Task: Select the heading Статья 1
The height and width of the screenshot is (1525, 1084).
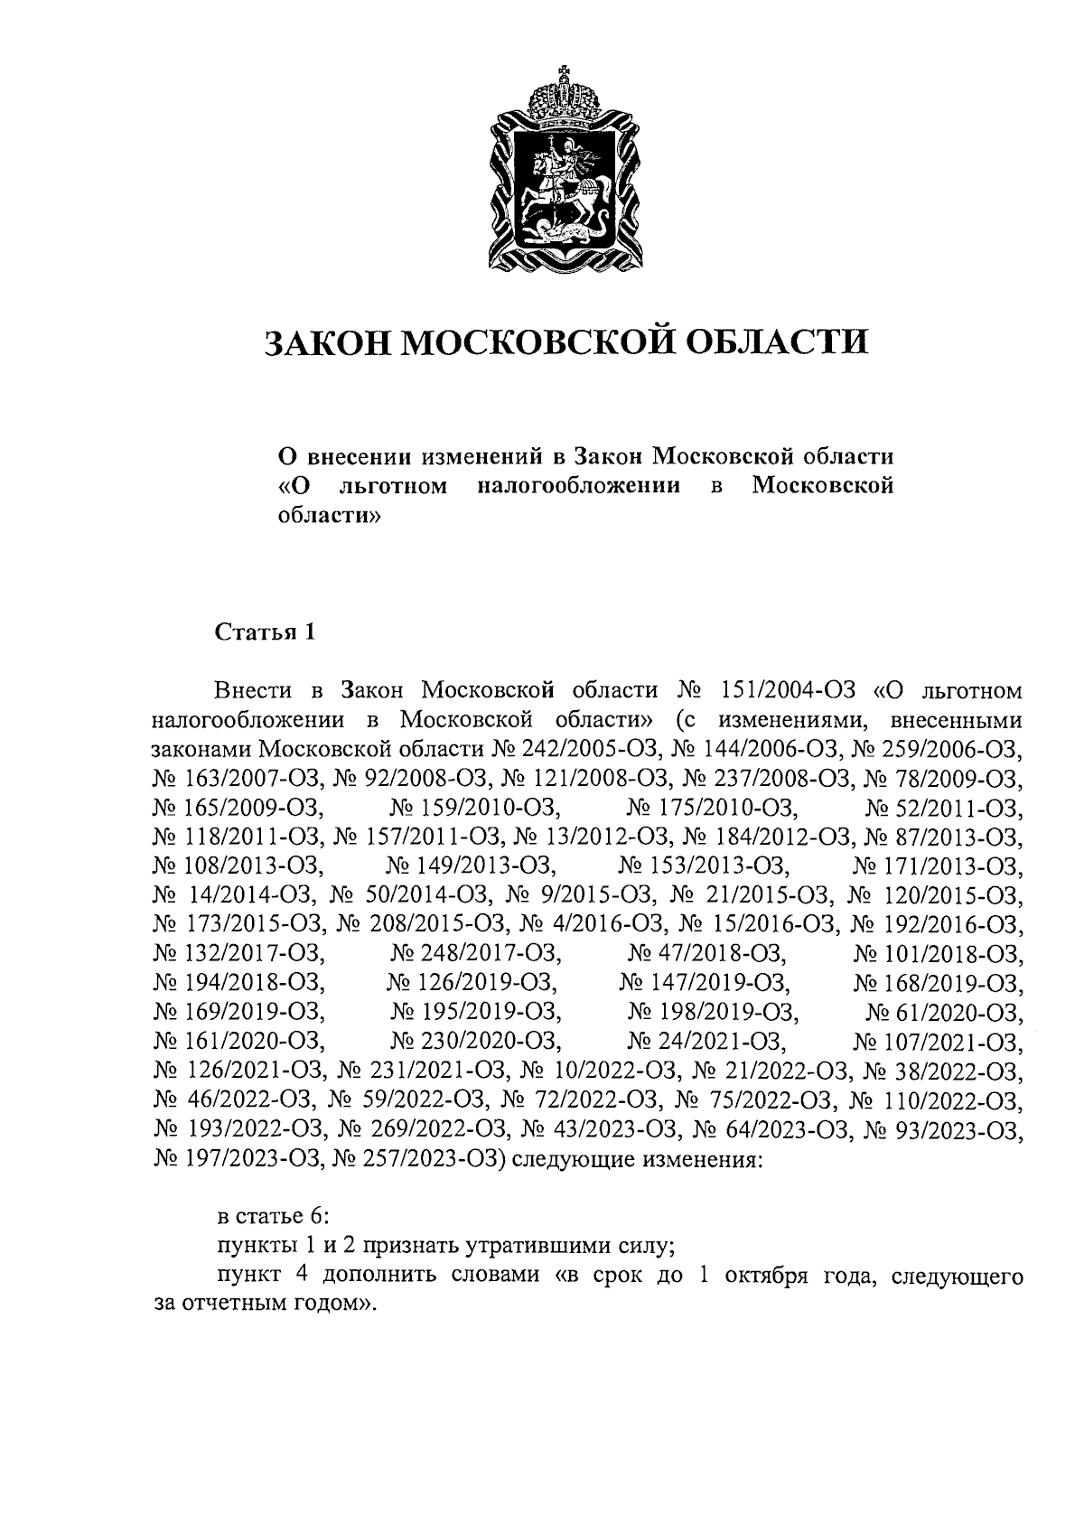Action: coord(264,632)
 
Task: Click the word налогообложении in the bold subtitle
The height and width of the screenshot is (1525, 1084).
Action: coord(578,487)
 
